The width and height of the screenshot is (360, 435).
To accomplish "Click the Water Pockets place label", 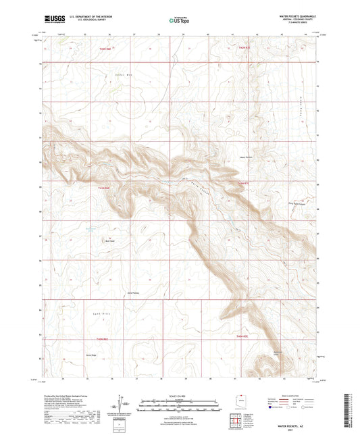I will (247, 159).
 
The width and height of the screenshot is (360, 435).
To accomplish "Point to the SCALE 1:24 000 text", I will (179, 395).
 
